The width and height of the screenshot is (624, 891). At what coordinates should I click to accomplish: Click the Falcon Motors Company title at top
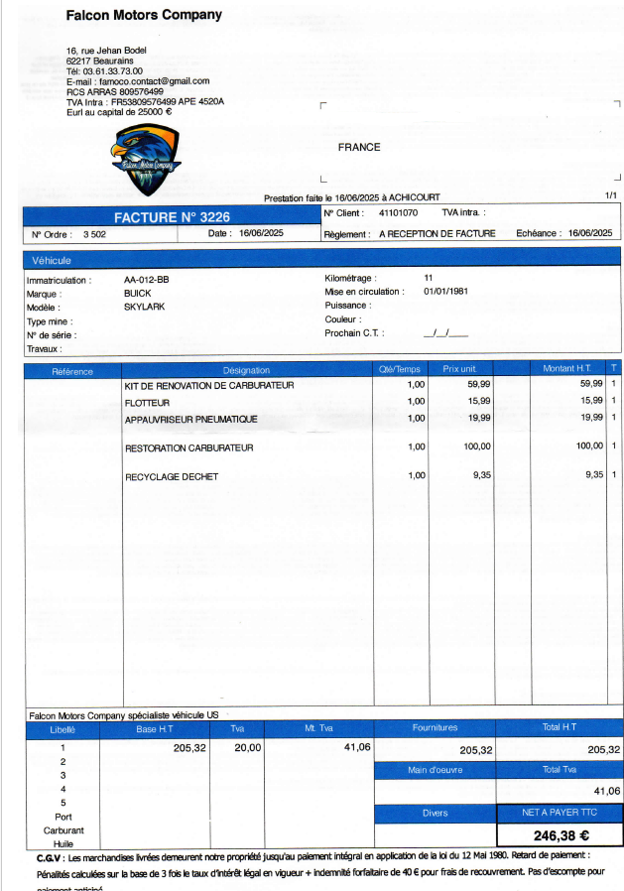tap(144, 15)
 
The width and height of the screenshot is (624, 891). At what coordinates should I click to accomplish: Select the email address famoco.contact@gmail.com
tap(153, 80)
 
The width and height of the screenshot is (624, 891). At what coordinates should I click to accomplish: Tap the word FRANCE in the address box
tap(358, 147)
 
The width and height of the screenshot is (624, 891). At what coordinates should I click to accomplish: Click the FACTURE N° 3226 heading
tap(172, 216)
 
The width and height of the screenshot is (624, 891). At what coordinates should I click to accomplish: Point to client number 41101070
tap(398, 212)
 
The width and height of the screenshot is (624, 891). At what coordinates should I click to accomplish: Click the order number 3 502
tap(94, 234)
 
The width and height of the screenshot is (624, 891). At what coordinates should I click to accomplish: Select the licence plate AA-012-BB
tap(146, 280)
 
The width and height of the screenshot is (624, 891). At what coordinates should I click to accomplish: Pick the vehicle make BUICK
tap(137, 294)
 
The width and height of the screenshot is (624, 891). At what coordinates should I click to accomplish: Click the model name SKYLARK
tap(144, 307)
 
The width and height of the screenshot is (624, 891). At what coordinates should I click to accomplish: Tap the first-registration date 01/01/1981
tap(445, 292)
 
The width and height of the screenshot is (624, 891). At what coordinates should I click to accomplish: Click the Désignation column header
tap(246, 370)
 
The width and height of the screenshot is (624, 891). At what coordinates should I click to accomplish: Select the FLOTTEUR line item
tap(148, 402)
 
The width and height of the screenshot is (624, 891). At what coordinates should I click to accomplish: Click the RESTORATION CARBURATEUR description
tap(188, 448)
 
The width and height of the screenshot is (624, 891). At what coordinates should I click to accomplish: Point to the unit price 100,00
tap(477, 446)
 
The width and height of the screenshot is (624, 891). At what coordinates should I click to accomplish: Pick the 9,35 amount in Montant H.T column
tap(594, 475)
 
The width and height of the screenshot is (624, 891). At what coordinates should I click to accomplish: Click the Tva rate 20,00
tap(247, 747)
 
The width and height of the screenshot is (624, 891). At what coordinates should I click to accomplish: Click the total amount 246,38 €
tap(562, 835)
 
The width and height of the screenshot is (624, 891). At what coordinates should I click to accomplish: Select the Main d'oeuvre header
tap(435, 770)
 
